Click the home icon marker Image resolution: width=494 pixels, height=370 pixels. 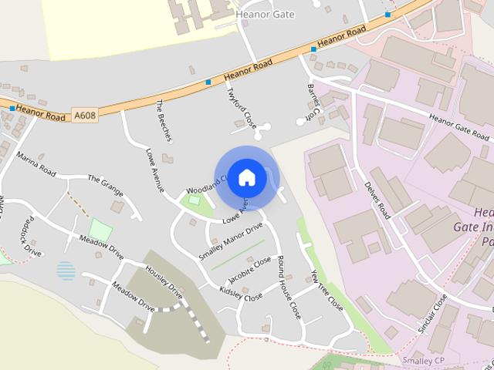click(246, 177)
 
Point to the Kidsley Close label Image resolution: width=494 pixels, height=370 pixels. click(241, 294)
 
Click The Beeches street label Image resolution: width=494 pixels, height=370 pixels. click(164, 120)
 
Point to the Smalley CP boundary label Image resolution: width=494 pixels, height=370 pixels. click(423, 360)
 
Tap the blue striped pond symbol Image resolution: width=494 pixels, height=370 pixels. click(66, 271)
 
